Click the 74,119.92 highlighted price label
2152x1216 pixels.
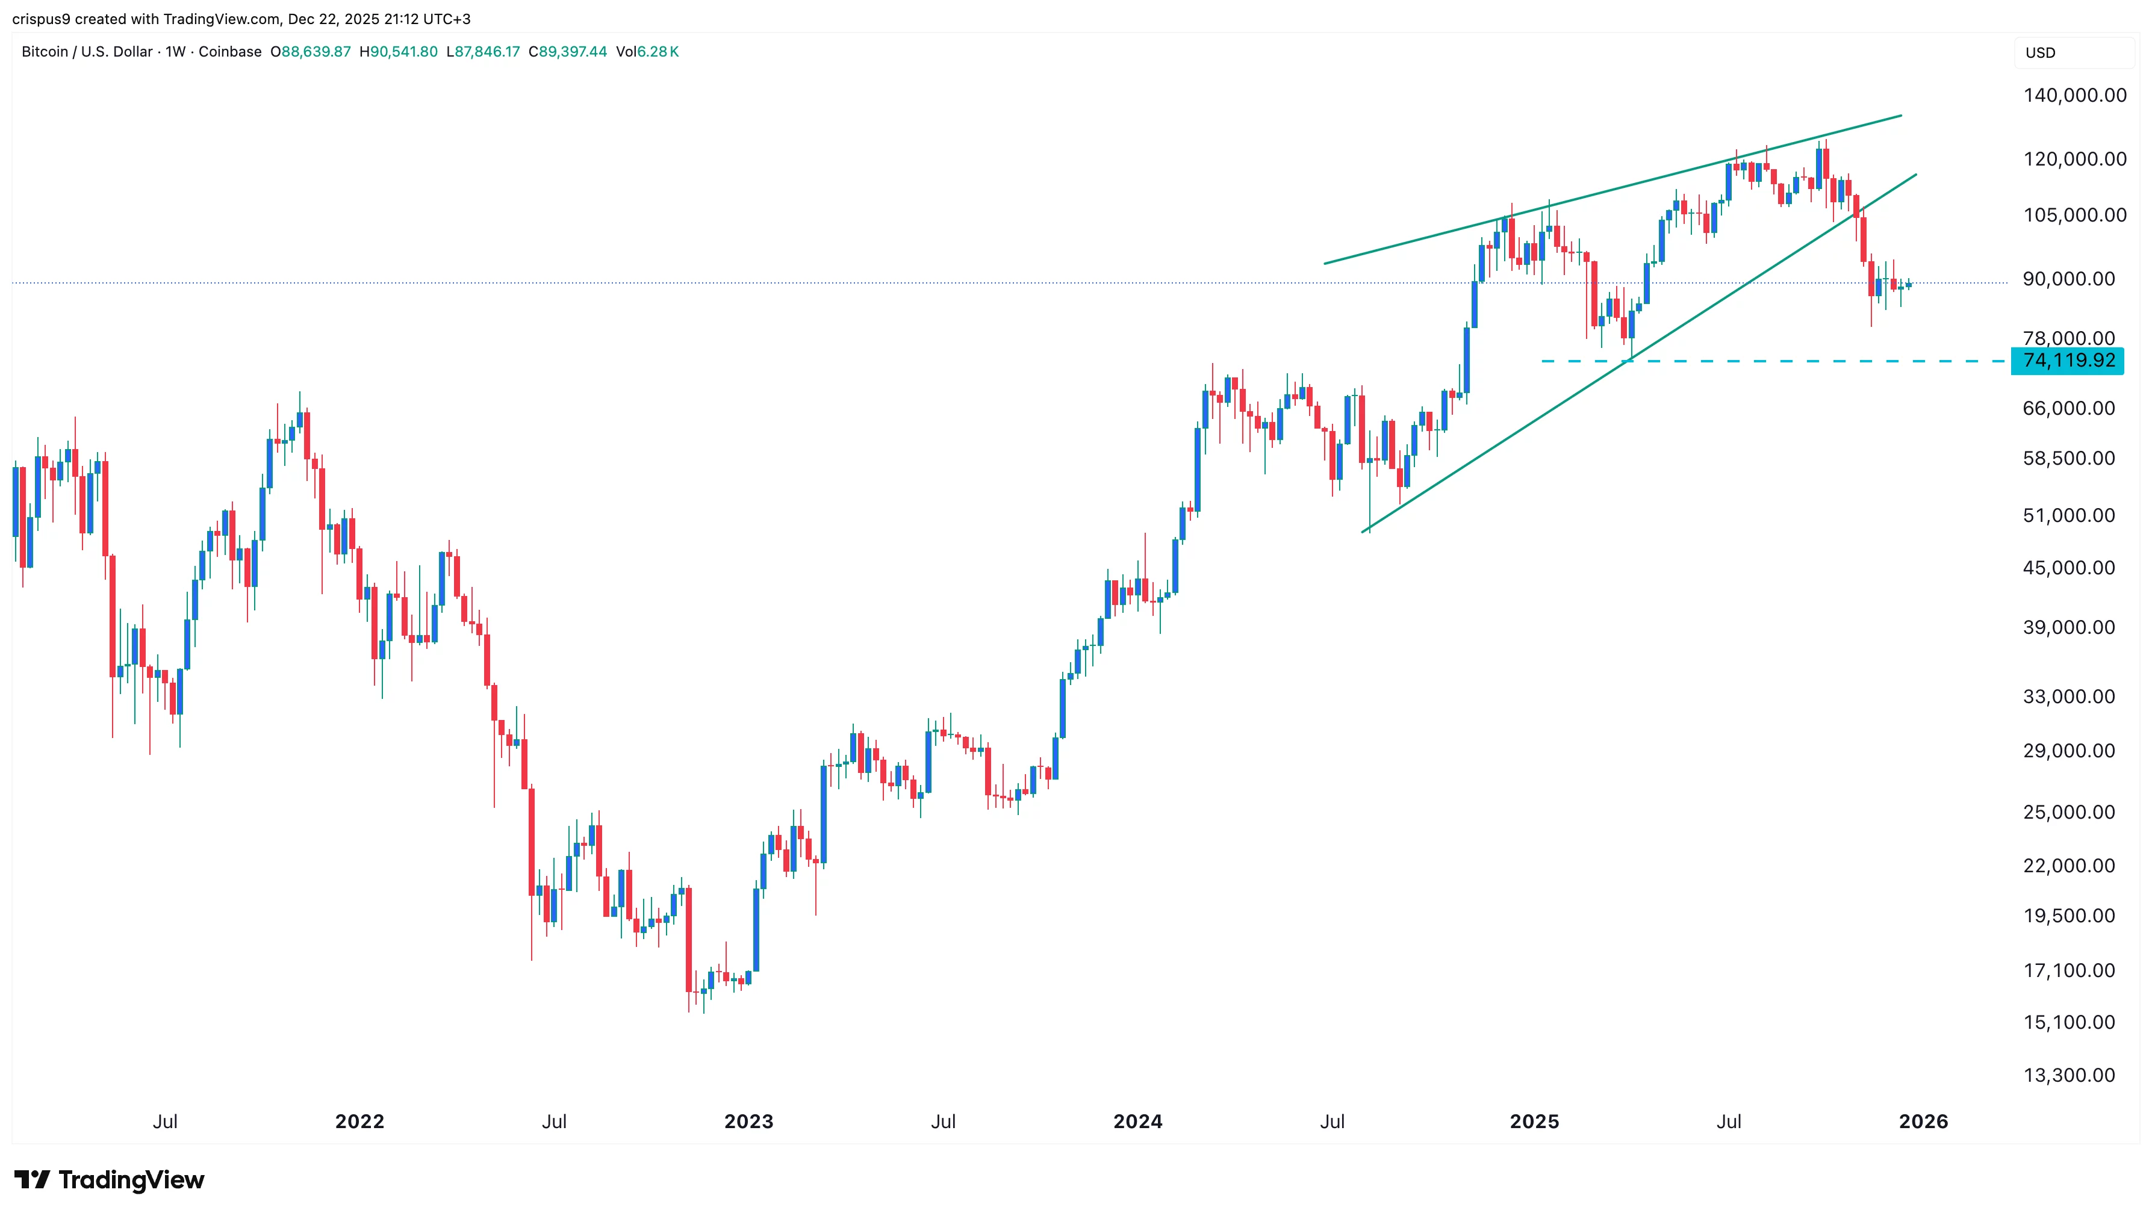pyautogui.click(x=2068, y=361)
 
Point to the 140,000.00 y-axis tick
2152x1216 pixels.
pyautogui.click(x=2074, y=95)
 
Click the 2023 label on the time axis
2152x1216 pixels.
pyautogui.click(x=748, y=1121)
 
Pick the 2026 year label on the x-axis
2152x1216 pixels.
pyautogui.click(x=1923, y=1121)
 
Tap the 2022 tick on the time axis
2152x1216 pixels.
pyautogui.click(x=359, y=1121)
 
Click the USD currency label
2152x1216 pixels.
pyautogui.click(x=2040, y=52)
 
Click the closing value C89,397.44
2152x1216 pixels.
pyautogui.click(x=568, y=52)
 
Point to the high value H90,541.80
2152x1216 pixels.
pyautogui.click(x=399, y=52)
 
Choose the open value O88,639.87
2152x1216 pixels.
pyautogui.click(x=311, y=52)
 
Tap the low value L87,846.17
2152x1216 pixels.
pyautogui.click(x=483, y=52)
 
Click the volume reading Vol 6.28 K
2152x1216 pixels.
pyautogui.click(x=647, y=52)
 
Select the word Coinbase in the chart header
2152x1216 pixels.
pyautogui.click(x=230, y=52)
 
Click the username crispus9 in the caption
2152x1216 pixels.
pyautogui.click(x=41, y=19)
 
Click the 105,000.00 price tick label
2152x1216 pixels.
pyautogui.click(x=2074, y=216)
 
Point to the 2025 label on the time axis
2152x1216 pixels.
pyautogui.click(x=1534, y=1121)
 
